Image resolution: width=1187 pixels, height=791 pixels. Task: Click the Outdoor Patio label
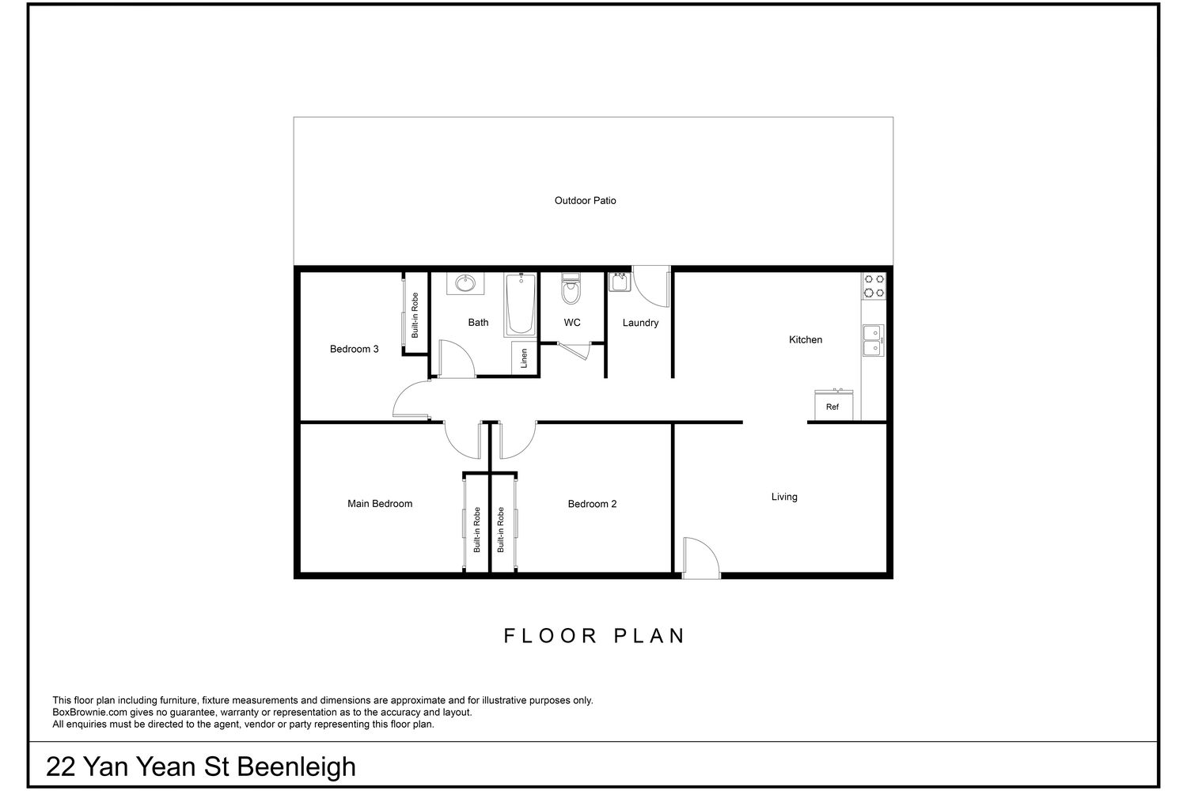click(585, 201)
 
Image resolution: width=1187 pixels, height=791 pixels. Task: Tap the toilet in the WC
click(571, 288)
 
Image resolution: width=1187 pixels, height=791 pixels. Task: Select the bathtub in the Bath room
click(520, 305)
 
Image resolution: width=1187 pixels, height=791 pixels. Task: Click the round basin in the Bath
click(465, 283)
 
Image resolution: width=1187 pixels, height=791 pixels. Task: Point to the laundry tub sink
click(620, 282)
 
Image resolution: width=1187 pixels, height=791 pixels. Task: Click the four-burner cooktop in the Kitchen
click(874, 286)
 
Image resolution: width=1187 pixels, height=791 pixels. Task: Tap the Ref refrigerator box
click(833, 405)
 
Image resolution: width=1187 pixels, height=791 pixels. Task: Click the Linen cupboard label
click(524, 358)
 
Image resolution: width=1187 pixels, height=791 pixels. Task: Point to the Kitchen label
click(806, 339)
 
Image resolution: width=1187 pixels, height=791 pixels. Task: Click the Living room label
click(784, 497)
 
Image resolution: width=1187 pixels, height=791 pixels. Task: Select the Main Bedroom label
click(380, 504)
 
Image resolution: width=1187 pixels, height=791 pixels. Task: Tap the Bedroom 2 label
click(593, 504)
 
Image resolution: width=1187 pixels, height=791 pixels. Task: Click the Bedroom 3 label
click(354, 349)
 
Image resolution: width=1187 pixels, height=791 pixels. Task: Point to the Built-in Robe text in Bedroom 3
click(415, 316)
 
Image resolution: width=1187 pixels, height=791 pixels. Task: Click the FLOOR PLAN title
click(594, 636)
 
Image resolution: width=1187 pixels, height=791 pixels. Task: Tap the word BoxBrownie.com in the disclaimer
click(89, 713)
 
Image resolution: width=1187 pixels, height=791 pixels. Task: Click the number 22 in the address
click(60, 766)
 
